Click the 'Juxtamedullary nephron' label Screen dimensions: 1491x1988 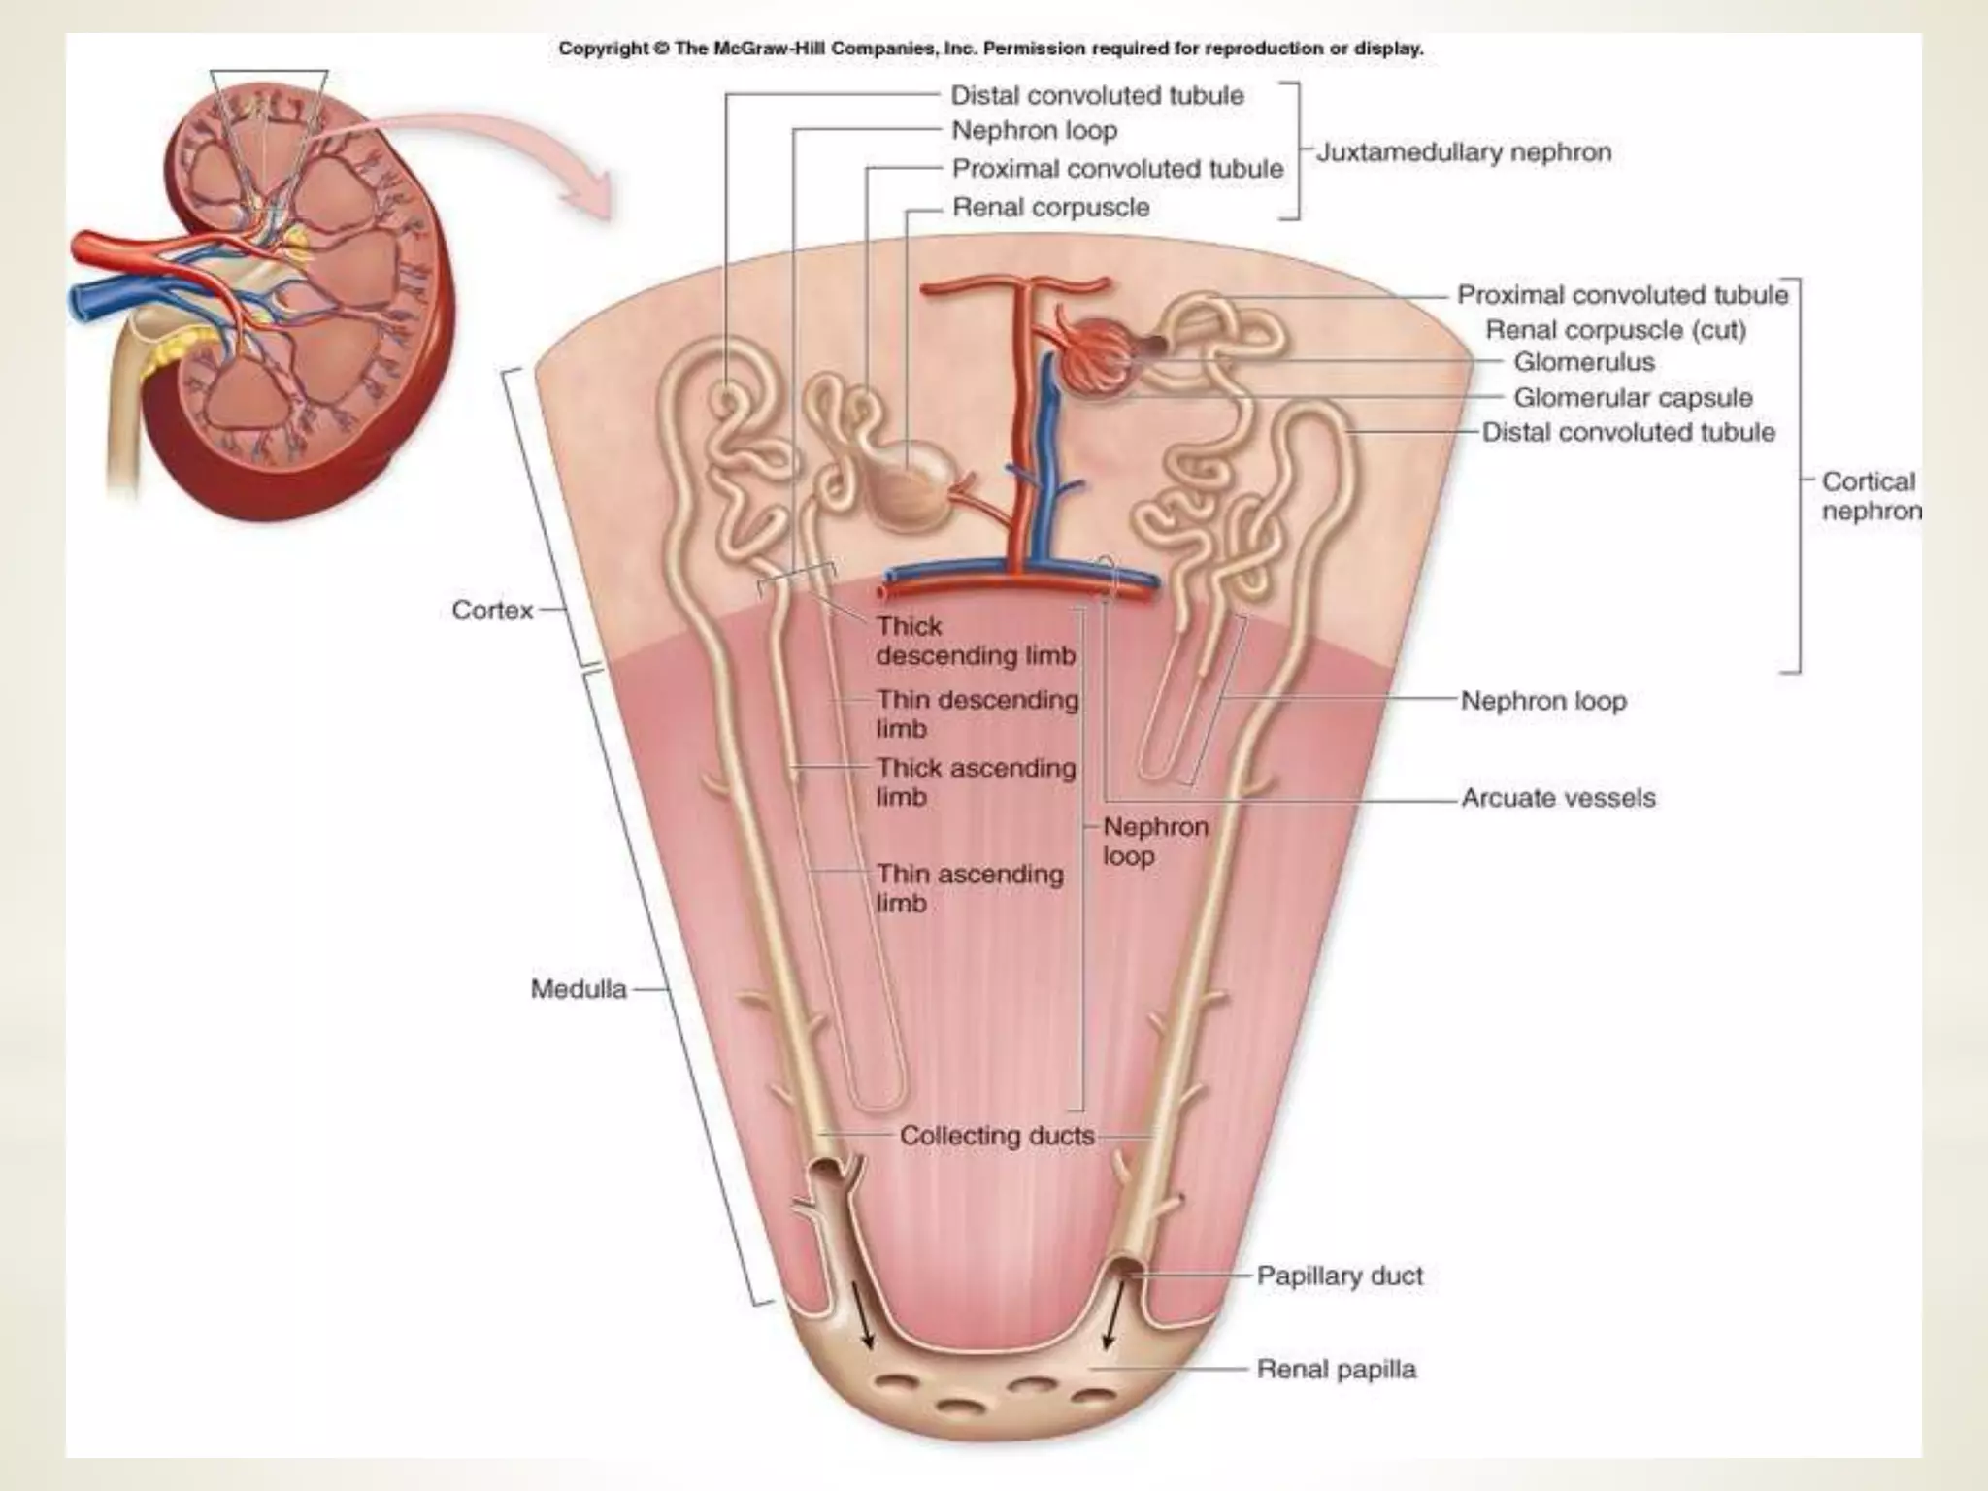point(1463,152)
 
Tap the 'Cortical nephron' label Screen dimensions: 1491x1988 point(1869,496)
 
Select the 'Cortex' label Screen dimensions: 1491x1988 point(492,611)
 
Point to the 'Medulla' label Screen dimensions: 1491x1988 point(579,989)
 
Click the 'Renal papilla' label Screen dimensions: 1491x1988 point(1336,1369)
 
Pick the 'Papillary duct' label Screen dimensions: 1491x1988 point(1340,1276)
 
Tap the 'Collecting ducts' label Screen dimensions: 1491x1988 point(997,1135)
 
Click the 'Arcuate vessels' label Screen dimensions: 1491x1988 point(1558,798)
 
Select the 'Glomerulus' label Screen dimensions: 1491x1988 point(1583,362)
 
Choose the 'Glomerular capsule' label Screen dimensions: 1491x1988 point(1633,397)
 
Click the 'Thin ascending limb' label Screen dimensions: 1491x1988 point(969,888)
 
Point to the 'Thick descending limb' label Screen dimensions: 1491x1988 point(975,641)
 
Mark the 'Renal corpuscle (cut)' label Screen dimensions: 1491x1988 point(1615,330)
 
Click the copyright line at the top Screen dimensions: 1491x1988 point(990,49)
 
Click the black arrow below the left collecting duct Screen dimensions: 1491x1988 point(862,1314)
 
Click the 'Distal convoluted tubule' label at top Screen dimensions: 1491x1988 point(1097,95)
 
